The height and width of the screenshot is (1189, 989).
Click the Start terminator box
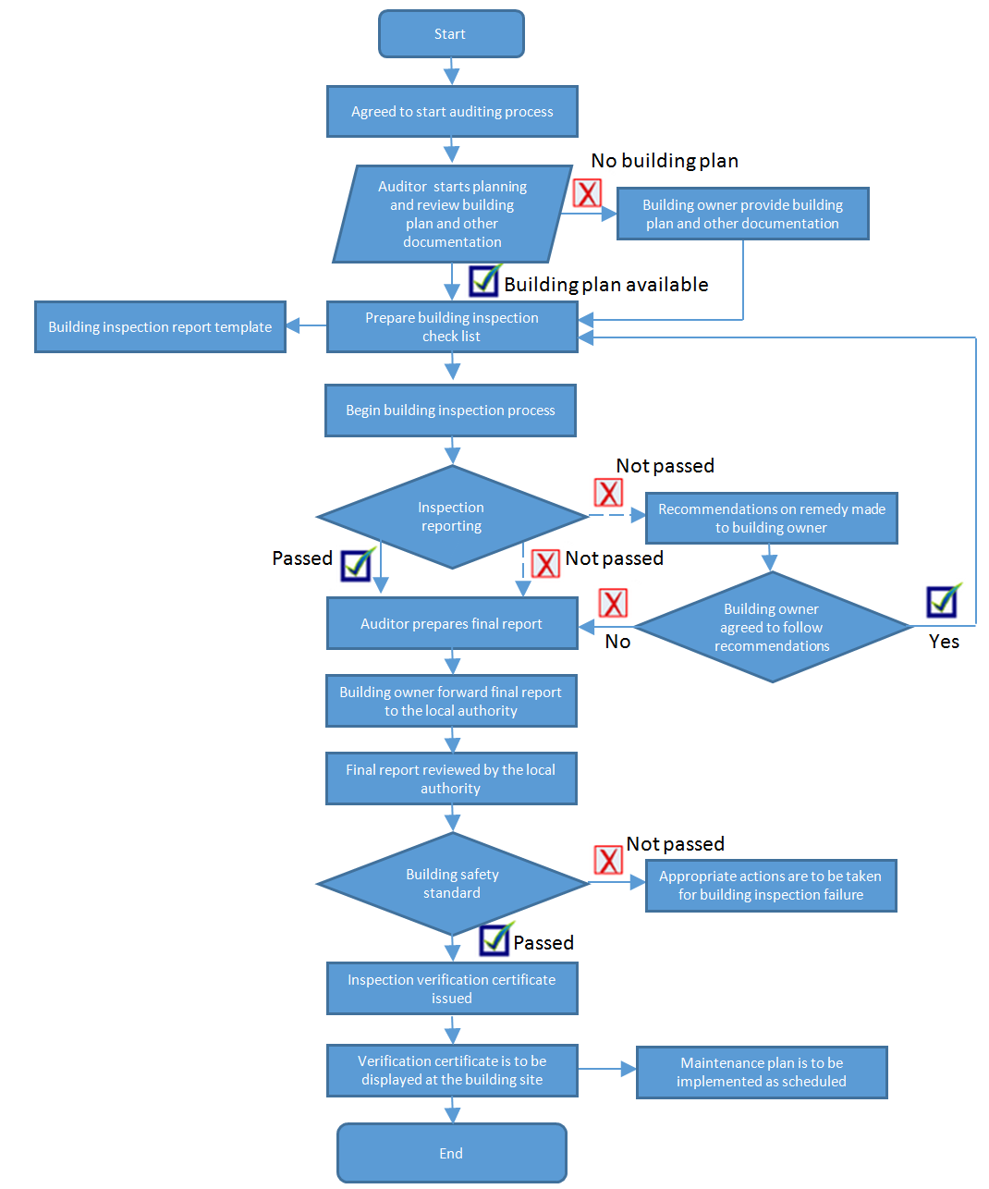tap(451, 34)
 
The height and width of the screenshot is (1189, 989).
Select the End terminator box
tap(451, 1153)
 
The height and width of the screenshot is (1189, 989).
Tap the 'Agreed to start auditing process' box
tap(452, 112)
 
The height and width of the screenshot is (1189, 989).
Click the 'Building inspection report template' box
tap(160, 327)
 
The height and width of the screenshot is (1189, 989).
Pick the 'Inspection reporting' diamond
tap(451, 517)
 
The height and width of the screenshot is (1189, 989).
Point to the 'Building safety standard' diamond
tap(452, 884)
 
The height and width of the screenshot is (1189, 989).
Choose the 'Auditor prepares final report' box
tap(452, 624)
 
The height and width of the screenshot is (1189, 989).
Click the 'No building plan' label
tap(665, 161)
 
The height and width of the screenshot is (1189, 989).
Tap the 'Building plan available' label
tap(606, 285)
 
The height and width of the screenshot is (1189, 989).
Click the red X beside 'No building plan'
tap(587, 193)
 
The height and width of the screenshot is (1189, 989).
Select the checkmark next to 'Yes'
tap(944, 601)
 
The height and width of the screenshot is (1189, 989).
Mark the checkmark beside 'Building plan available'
tap(485, 280)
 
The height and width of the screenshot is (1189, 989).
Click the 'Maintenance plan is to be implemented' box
tap(762, 1073)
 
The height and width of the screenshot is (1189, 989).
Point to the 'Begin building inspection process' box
tap(450, 411)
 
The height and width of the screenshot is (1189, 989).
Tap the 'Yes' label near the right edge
tap(944, 642)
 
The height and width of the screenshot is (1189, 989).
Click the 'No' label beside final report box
tap(617, 642)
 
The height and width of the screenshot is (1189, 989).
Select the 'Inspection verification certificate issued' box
tap(452, 989)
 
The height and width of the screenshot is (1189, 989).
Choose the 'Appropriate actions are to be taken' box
tap(771, 886)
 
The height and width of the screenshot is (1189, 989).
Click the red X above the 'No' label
tap(613, 604)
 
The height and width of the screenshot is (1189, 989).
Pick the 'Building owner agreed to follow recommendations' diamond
tap(772, 628)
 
